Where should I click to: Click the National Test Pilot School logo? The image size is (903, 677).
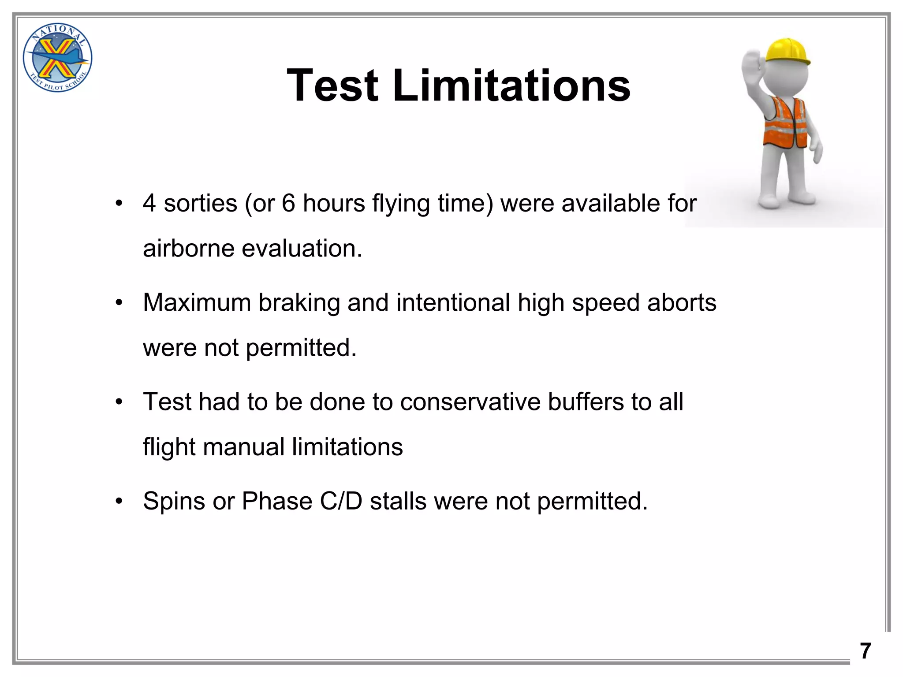[57, 58]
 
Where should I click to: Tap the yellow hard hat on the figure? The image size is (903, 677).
[787, 51]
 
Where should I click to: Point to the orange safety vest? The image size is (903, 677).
[786, 123]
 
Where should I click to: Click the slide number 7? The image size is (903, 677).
[866, 651]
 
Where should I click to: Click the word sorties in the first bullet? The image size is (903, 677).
[201, 204]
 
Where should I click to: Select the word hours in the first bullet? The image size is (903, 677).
[334, 204]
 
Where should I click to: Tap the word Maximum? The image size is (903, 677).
[197, 303]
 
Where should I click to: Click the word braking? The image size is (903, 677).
[299, 303]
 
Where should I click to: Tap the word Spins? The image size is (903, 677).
[174, 502]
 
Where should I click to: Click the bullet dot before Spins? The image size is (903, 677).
[118, 502]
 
